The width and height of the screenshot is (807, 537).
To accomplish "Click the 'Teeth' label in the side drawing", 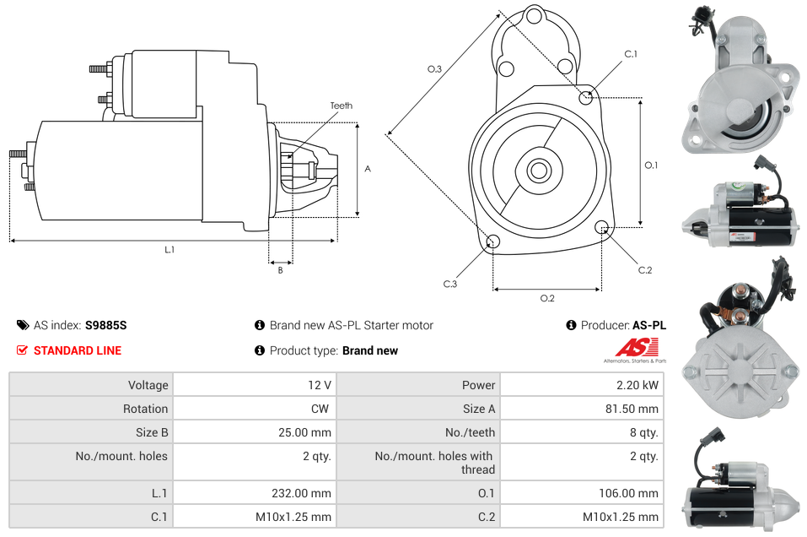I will pos(341,106).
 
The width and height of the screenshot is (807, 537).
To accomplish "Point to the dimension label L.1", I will pos(169,249).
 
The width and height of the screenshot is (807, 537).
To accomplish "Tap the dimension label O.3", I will pos(434,69).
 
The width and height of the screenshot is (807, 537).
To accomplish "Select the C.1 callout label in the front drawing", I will pos(630,54).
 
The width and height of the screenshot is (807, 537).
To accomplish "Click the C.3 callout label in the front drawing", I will pos(450,284).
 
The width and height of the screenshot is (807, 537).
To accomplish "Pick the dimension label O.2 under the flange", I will pos(546,297).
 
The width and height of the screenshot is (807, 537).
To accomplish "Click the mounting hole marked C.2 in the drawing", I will pos(602,227).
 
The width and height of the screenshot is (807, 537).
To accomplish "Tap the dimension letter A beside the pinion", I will pos(368,169).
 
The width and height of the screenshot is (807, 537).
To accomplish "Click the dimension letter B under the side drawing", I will pos(281,270).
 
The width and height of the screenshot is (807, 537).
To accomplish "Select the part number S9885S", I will pos(105,325).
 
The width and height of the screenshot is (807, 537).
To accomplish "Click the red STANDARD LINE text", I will pos(77,350).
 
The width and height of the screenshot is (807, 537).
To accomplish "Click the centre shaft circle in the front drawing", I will pos(538,171).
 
